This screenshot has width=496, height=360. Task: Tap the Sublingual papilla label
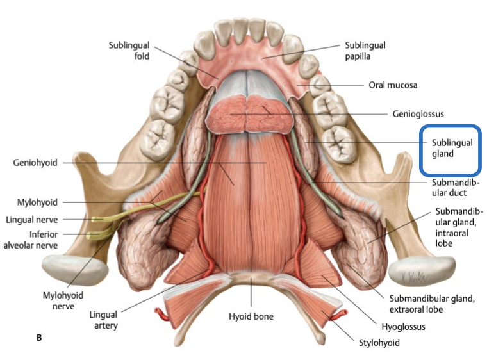(365, 51)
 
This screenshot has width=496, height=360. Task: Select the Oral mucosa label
(393, 85)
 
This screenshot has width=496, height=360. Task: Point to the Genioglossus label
(418, 114)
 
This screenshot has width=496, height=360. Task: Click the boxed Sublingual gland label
(451, 149)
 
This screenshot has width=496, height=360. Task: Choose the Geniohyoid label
(35, 163)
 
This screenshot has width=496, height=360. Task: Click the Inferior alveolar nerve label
(30, 239)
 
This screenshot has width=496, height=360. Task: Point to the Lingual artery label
(104, 320)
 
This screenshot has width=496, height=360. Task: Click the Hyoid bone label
(251, 316)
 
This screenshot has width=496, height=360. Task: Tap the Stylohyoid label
(379, 343)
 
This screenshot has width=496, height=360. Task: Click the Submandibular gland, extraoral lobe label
(432, 304)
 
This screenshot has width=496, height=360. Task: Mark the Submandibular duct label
(449, 188)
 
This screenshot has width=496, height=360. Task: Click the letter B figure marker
(39, 337)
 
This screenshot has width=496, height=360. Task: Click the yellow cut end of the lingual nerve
(95, 220)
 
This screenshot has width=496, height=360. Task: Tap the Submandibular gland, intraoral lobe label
(459, 227)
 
